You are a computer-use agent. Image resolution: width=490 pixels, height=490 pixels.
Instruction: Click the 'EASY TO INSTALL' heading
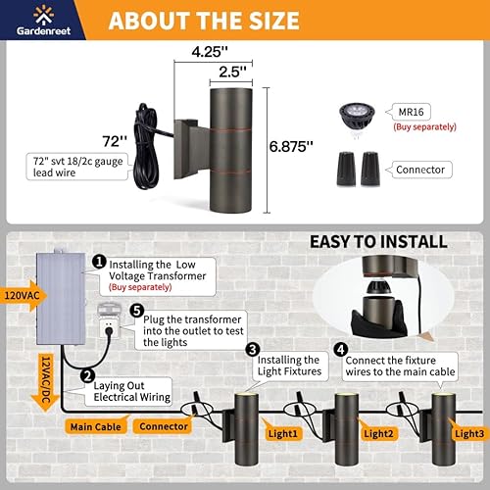tap(378, 242)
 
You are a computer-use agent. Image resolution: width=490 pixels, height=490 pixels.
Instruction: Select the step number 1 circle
tap(100, 262)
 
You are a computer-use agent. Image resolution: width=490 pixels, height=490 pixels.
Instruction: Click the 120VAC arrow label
tap(21, 294)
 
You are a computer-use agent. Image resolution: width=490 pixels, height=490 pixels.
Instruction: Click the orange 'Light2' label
tap(376, 432)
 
